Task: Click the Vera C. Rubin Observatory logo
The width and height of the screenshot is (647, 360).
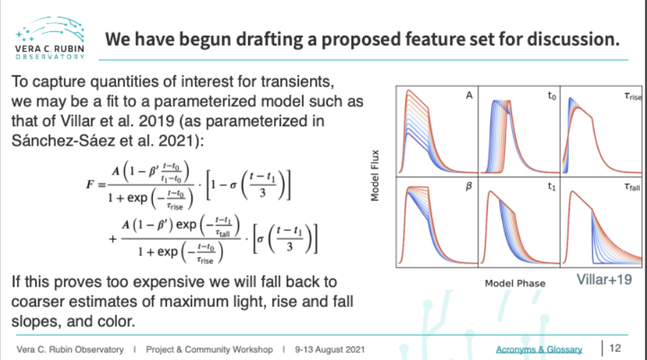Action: [x=49, y=38]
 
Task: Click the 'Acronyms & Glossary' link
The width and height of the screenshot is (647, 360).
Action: [x=539, y=349]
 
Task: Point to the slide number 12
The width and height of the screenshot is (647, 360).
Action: [x=615, y=348]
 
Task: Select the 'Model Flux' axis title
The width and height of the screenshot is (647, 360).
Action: [x=374, y=175]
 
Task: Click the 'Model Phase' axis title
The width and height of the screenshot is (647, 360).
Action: [x=515, y=283]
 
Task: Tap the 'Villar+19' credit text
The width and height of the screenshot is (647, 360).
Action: [x=604, y=280]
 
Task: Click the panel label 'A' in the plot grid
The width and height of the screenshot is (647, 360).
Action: [x=469, y=95]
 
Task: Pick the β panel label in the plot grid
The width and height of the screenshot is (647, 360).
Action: [x=468, y=186]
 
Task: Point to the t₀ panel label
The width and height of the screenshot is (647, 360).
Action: [x=552, y=95]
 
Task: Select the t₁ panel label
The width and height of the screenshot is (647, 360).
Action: [x=552, y=186]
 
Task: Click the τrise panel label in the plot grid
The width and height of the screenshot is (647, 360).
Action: [x=633, y=96]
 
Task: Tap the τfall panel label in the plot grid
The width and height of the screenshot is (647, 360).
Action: [x=632, y=187]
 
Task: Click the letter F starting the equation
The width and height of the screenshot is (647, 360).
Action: [x=90, y=184]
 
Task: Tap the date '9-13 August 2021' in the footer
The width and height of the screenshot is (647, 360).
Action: [x=330, y=350]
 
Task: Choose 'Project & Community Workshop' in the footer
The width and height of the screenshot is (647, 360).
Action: [x=209, y=350]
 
